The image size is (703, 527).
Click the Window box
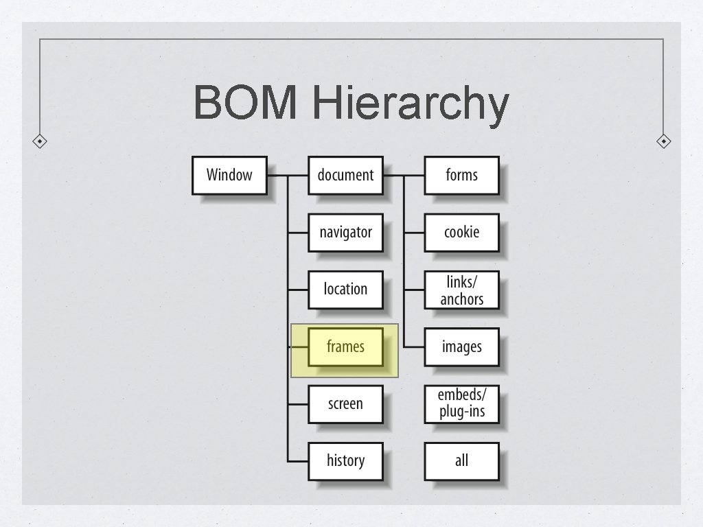(x=229, y=175)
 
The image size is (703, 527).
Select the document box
(x=345, y=175)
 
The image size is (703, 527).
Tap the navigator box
(x=345, y=232)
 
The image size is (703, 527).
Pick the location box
(x=345, y=290)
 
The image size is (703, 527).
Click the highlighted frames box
(x=345, y=347)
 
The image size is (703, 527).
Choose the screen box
(x=345, y=404)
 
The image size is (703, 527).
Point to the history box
(x=345, y=461)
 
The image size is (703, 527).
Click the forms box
(x=461, y=175)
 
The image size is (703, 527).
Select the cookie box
(x=461, y=232)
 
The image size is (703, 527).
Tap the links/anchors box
(x=461, y=290)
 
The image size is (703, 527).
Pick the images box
(x=461, y=347)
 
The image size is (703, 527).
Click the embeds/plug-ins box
(x=461, y=404)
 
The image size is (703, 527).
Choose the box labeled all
(x=461, y=461)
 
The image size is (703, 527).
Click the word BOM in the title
(x=245, y=104)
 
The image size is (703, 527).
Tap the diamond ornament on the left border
(x=41, y=141)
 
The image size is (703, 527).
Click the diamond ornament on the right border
(x=663, y=141)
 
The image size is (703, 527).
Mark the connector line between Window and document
(x=288, y=176)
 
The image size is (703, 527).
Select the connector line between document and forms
(x=404, y=176)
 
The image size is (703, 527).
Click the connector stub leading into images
(x=414, y=347)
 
